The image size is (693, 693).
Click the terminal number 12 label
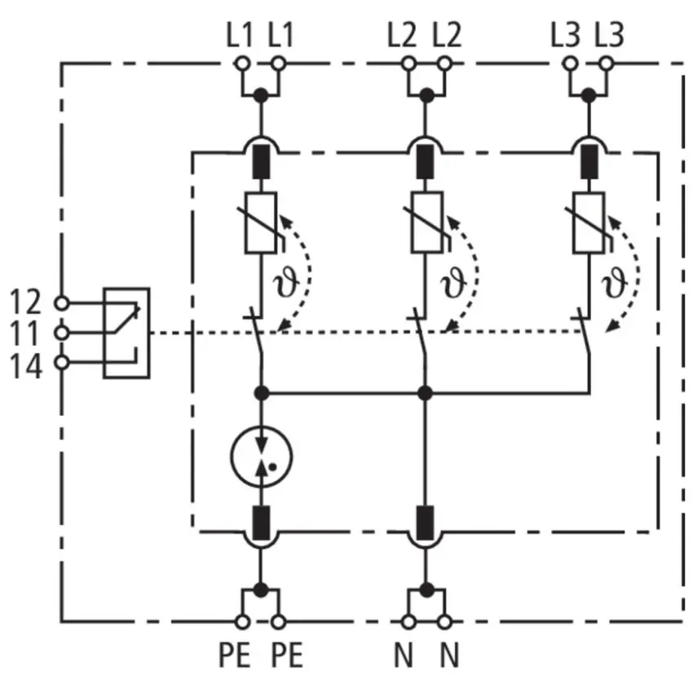pyautogui.click(x=25, y=302)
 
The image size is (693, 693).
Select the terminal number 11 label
pyautogui.click(x=24, y=333)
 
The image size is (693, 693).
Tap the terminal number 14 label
pyautogui.click(x=26, y=365)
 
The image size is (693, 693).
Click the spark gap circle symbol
pyautogui.click(x=261, y=427)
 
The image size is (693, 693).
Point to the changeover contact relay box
pyautogui.click(x=126, y=333)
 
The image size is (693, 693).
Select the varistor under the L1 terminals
pyautogui.click(x=261, y=223)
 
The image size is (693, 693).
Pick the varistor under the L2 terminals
pyautogui.click(x=426, y=223)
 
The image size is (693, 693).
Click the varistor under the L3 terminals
pyautogui.click(x=589, y=223)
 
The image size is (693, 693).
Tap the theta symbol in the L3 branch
pyautogui.click(x=615, y=283)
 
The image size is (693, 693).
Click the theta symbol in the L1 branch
pyautogui.click(x=286, y=283)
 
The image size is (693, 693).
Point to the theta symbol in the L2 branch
pyautogui.click(x=453, y=283)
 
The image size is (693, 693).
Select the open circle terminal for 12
pyautogui.click(x=61, y=303)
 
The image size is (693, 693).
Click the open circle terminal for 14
pyautogui.click(x=61, y=363)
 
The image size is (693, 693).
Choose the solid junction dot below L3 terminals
pyautogui.click(x=589, y=95)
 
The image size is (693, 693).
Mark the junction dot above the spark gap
pyautogui.click(x=262, y=392)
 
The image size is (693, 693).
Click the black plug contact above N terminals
pyautogui.click(x=425, y=523)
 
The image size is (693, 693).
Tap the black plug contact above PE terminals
pyautogui.click(x=261, y=523)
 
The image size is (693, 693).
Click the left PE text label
pyautogui.click(x=235, y=655)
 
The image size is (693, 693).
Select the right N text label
pyautogui.click(x=449, y=655)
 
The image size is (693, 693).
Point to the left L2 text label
pyautogui.click(x=402, y=35)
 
